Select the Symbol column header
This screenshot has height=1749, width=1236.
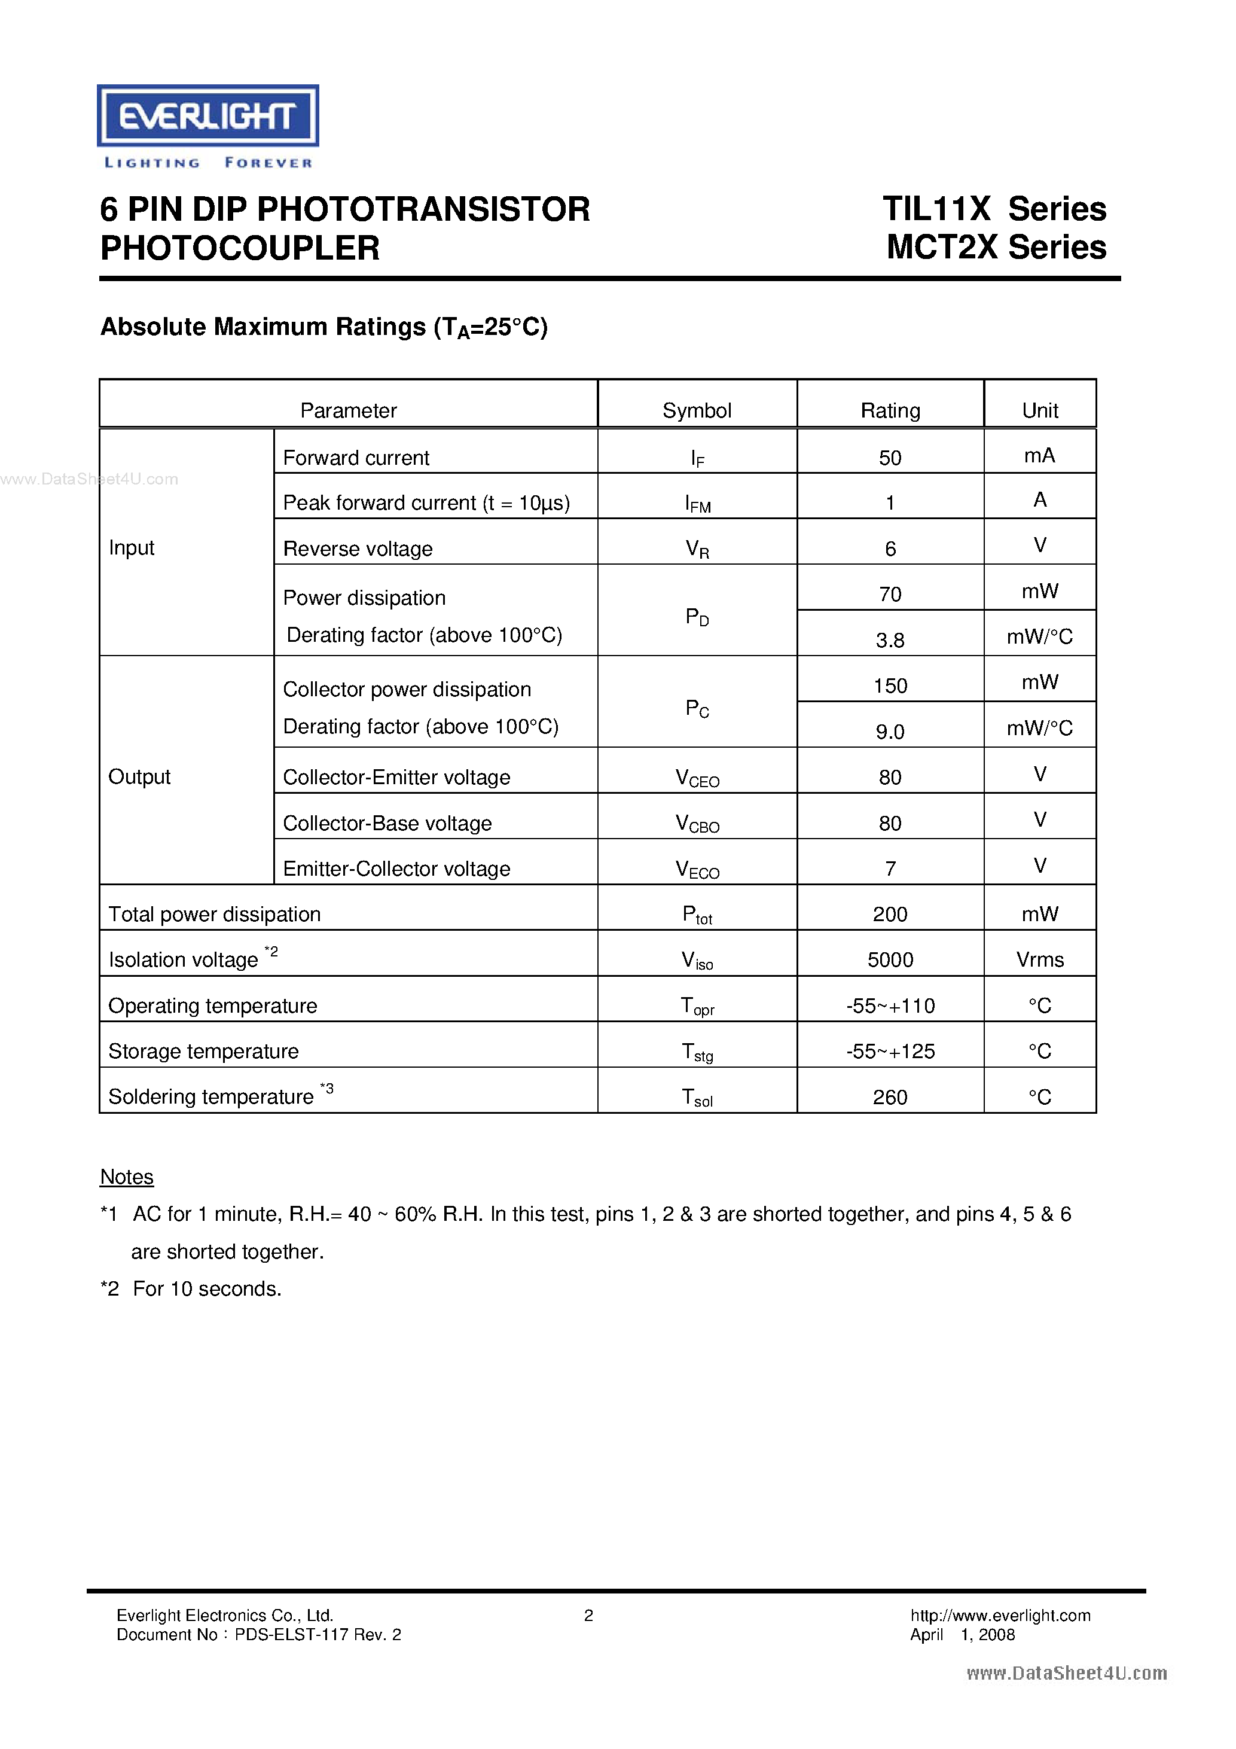(696, 410)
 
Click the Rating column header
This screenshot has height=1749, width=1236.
(890, 410)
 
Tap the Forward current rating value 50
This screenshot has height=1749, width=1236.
(890, 458)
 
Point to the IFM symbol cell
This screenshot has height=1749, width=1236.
(697, 504)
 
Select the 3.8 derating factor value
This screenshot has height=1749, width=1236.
(890, 640)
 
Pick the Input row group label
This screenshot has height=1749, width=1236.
(131, 548)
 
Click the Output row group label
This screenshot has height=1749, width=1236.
(139, 776)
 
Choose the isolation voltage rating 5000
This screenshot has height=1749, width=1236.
(890, 960)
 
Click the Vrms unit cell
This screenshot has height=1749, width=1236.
(1039, 960)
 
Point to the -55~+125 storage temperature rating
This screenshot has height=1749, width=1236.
(890, 1051)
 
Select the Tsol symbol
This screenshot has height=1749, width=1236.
(697, 1098)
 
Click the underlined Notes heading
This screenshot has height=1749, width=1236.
(126, 1177)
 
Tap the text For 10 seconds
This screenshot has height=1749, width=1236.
(207, 1288)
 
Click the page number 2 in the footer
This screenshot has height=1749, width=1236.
(588, 1615)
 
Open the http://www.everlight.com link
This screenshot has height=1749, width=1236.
(1000, 1615)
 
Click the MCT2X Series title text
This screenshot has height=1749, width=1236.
(996, 248)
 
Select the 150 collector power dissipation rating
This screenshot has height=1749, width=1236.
(890, 685)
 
